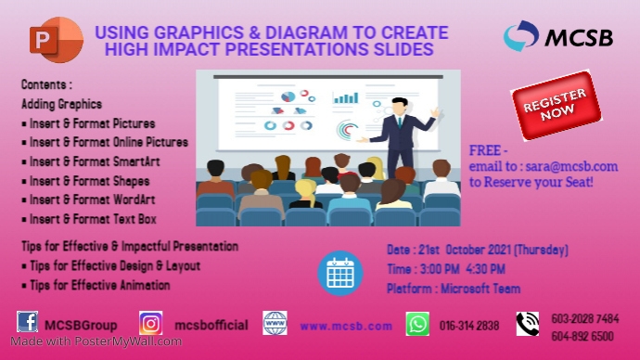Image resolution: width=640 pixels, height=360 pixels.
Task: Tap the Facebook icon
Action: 28,323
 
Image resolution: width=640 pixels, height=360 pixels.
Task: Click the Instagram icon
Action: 151,323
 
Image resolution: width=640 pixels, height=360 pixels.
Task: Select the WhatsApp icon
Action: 417,324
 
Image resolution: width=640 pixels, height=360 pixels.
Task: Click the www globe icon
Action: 275,323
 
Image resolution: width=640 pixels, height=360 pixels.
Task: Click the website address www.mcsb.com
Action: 345,326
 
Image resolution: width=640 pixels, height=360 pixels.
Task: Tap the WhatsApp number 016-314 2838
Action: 468,326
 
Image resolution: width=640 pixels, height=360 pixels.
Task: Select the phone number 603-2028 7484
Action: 584,317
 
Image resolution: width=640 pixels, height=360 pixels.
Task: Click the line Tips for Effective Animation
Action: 96,286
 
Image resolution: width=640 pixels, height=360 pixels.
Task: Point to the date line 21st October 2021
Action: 477,251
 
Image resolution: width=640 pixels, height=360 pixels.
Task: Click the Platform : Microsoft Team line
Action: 454,289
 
